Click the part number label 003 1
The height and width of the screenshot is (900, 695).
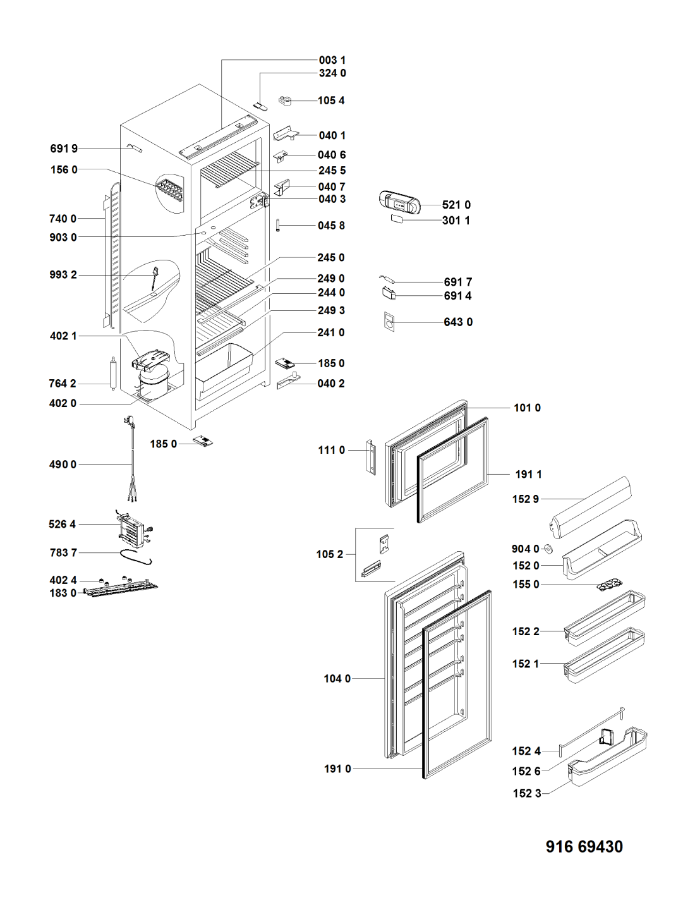[332, 61]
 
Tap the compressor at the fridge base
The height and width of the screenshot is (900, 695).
[153, 381]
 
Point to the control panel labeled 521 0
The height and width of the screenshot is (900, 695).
[399, 202]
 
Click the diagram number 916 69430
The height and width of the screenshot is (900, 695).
[584, 846]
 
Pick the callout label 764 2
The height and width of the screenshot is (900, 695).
[63, 384]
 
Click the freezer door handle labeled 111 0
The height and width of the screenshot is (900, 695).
[371, 457]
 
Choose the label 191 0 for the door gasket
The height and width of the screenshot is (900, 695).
[337, 769]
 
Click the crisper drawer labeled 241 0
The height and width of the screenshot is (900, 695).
[224, 368]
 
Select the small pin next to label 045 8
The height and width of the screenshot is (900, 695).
[278, 225]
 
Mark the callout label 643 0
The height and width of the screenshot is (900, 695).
[458, 322]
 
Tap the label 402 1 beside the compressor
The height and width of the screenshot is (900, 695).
[63, 336]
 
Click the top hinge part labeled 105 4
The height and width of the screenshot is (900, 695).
[285, 100]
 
